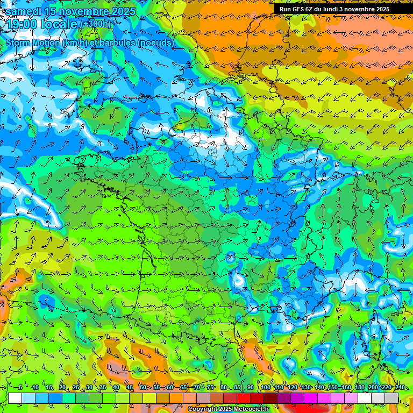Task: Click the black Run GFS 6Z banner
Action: [334, 9]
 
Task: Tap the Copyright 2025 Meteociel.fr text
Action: [228, 409]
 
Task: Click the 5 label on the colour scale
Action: [20, 387]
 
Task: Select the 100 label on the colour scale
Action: [265, 387]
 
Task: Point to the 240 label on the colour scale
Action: [400, 387]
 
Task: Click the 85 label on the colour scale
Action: [237, 387]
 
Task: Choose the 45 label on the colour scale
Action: [130, 387]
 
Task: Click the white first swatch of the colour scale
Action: [15, 398]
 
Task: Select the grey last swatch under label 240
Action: [391, 398]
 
